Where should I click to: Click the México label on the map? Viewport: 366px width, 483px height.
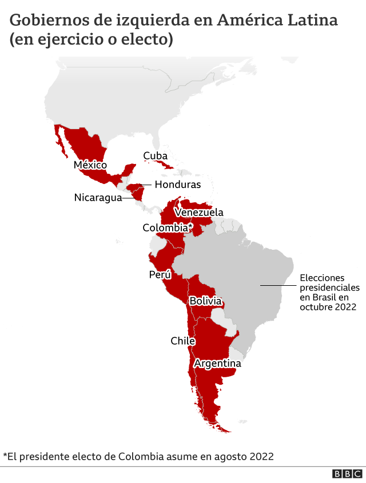[x=90, y=165]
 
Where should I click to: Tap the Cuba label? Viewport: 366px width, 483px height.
[x=155, y=155]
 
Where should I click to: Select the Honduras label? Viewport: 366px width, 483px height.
[x=177, y=185]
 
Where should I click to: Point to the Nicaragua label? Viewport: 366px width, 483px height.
[x=98, y=198]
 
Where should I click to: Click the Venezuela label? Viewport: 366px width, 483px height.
[x=199, y=213]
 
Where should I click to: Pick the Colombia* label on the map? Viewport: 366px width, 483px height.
[x=167, y=227]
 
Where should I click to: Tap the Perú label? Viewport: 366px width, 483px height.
[x=160, y=275]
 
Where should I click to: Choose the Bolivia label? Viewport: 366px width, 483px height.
[x=205, y=301]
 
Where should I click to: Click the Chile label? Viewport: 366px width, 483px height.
[x=182, y=341]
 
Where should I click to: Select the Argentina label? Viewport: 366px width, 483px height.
[x=217, y=364]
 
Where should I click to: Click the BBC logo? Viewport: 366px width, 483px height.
[x=347, y=474]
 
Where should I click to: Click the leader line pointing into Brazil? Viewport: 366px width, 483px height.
[x=277, y=285]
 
